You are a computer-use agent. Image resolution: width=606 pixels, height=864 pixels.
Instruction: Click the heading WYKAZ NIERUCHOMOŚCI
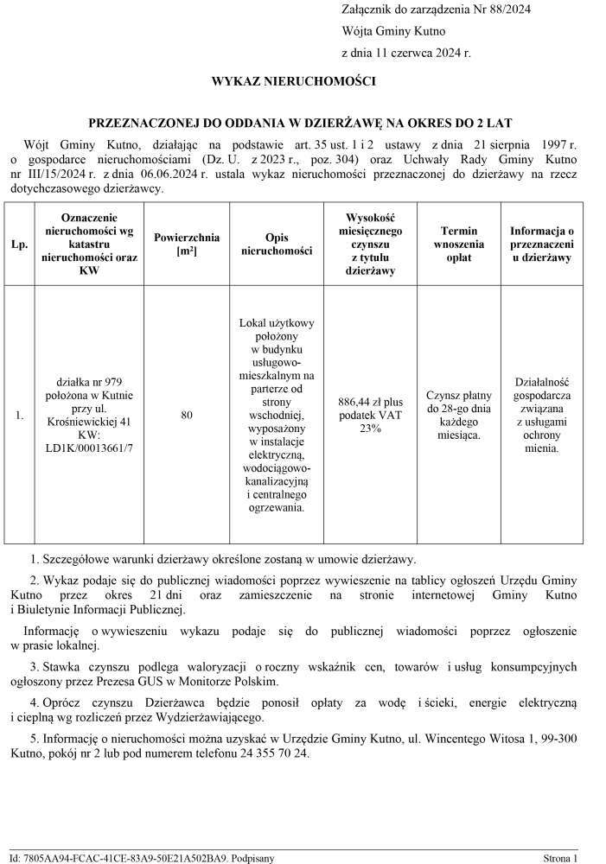[294, 82]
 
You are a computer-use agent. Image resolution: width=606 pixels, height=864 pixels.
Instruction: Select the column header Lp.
[19, 245]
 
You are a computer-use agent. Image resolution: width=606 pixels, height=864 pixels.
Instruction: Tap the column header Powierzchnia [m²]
[187, 245]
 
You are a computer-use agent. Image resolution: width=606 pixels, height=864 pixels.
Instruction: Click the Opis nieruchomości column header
[277, 245]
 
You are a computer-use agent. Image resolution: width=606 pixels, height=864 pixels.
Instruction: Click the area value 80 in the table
[187, 416]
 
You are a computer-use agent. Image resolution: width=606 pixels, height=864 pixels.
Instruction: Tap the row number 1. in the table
[19, 416]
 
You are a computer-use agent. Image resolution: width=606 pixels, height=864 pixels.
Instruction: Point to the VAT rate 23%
[370, 429]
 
